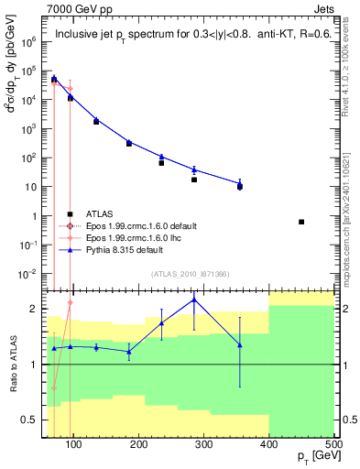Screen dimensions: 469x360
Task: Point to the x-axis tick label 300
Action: coord(203,447)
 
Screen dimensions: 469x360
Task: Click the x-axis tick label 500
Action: coord(333,447)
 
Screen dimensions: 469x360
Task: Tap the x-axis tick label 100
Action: coord(74,447)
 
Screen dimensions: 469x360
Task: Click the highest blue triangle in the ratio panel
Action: coord(194,300)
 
